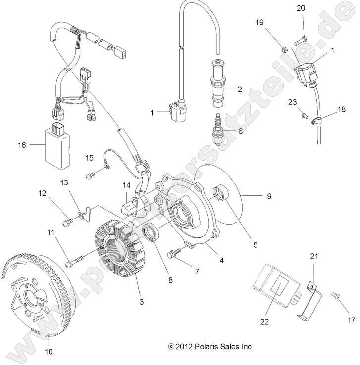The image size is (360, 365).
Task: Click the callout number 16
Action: coord(21,145)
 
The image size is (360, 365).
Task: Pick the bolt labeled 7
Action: coord(173,254)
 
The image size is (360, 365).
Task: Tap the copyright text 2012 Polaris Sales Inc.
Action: coord(210,347)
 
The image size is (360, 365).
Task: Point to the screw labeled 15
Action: coord(89,175)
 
